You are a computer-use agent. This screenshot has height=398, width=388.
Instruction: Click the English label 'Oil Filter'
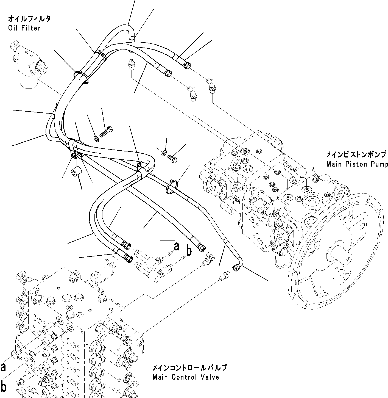coord(24,28)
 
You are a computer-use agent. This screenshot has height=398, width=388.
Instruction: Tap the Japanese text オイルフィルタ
coord(29,19)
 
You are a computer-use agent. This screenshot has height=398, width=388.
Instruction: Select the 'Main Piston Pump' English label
coord(357,164)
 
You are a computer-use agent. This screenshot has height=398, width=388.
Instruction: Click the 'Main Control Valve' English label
coord(186,377)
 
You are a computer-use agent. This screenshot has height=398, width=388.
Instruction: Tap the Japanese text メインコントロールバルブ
coord(189,367)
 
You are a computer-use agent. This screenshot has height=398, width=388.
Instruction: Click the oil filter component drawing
coord(29,66)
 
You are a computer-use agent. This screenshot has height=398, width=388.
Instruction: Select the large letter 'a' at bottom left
coord(4,367)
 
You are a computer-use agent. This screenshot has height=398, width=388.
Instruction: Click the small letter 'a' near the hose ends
coord(176,247)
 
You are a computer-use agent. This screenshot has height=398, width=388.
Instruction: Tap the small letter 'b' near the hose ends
coord(189,251)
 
